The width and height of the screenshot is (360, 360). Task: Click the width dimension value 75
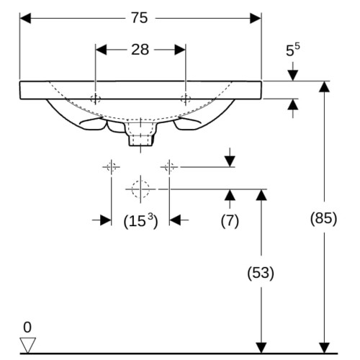pos(139,18)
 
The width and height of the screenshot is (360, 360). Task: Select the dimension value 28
pos(140,50)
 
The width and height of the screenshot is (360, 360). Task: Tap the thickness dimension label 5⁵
pos(292,50)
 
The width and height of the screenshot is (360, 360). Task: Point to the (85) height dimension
pos(324,219)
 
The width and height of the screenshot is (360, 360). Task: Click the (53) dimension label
pos(261,273)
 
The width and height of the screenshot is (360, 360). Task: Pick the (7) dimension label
pos(230,220)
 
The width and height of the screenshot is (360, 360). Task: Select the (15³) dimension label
pos(140,220)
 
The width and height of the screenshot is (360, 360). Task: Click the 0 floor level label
pos(27,327)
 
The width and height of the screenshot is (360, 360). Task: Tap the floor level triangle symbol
pos(28,345)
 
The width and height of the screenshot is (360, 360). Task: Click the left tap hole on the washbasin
pos(95,99)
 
